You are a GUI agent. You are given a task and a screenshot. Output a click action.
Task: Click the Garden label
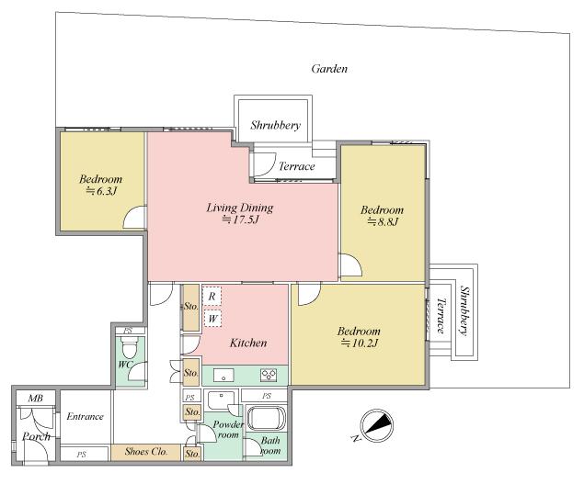[329, 69]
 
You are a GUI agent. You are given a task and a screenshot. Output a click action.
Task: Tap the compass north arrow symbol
[377, 426]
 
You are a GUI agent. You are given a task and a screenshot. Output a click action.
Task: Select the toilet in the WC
[130, 347]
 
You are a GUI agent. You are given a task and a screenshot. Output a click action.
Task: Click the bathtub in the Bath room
[267, 418]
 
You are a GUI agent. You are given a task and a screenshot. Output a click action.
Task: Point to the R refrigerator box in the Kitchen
[212, 297]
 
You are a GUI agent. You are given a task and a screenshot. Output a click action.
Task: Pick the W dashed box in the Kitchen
[212, 319]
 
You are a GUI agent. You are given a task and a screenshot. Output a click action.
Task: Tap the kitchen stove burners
[269, 375]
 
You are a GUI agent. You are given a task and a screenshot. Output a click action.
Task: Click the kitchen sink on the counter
[223, 376]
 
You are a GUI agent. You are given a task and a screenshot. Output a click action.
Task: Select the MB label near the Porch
[36, 399]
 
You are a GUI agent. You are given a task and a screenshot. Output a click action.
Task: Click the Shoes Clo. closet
[146, 453]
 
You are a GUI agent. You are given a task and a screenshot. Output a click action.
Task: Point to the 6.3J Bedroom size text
[101, 191]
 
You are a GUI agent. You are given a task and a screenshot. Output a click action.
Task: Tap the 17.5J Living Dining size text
[240, 219]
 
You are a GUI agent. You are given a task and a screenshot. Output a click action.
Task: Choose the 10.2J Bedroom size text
[360, 343]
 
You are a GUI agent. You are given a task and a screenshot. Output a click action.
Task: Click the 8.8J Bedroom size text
[383, 221]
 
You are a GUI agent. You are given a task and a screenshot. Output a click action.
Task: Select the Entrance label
[85, 417]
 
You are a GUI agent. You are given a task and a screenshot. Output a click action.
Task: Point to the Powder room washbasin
[222, 400]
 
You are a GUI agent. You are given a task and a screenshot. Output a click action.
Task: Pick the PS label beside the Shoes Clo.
[82, 455]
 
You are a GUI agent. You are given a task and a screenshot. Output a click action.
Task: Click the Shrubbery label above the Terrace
[275, 126]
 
